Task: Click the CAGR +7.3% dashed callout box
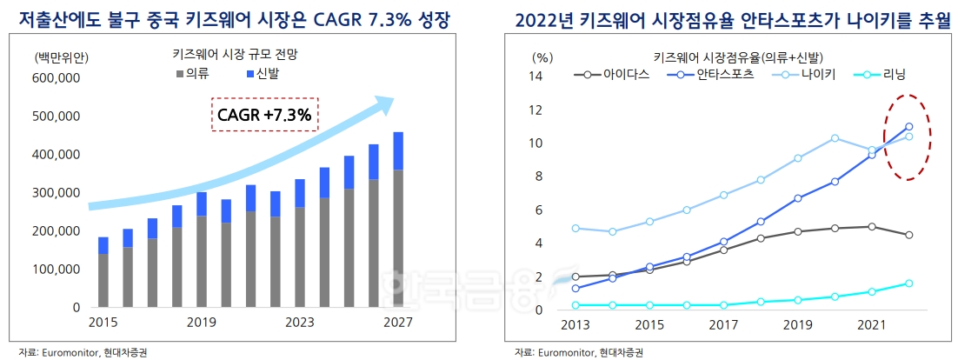[266, 114]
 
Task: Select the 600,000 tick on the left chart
[56, 78]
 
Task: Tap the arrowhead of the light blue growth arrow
[383, 105]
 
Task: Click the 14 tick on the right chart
[536, 77]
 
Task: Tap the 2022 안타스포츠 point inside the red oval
[908, 126]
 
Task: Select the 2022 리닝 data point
[908, 283]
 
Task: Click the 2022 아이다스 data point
[908, 235]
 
